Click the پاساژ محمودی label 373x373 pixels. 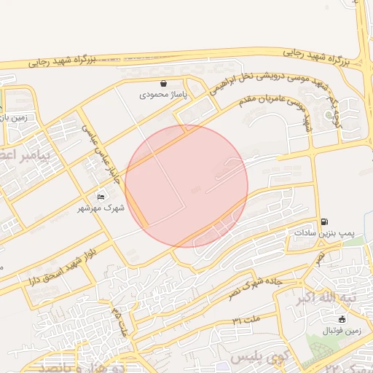pyautogui.click(x=165, y=95)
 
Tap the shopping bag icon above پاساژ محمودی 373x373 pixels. pyautogui.click(x=164, y=84)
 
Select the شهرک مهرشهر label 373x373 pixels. pyautogui.click(x=101, y=208)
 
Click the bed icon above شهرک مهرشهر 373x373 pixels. pyautogui.click(x=101, y=197)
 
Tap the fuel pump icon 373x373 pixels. pyautogui.click(x=324, y=221)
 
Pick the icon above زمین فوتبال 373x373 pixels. pyautogui.click(x=342, y=318)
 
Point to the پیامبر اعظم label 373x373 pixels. pyautogui.click(x=22, y=154)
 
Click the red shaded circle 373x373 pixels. pyautogui.click(x=186, y=186)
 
